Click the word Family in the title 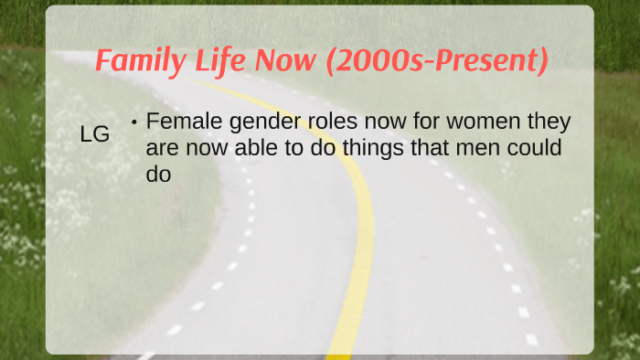pyautogui.click(x=138, y=62)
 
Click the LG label pyautogui.click(x=95, y=134)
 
